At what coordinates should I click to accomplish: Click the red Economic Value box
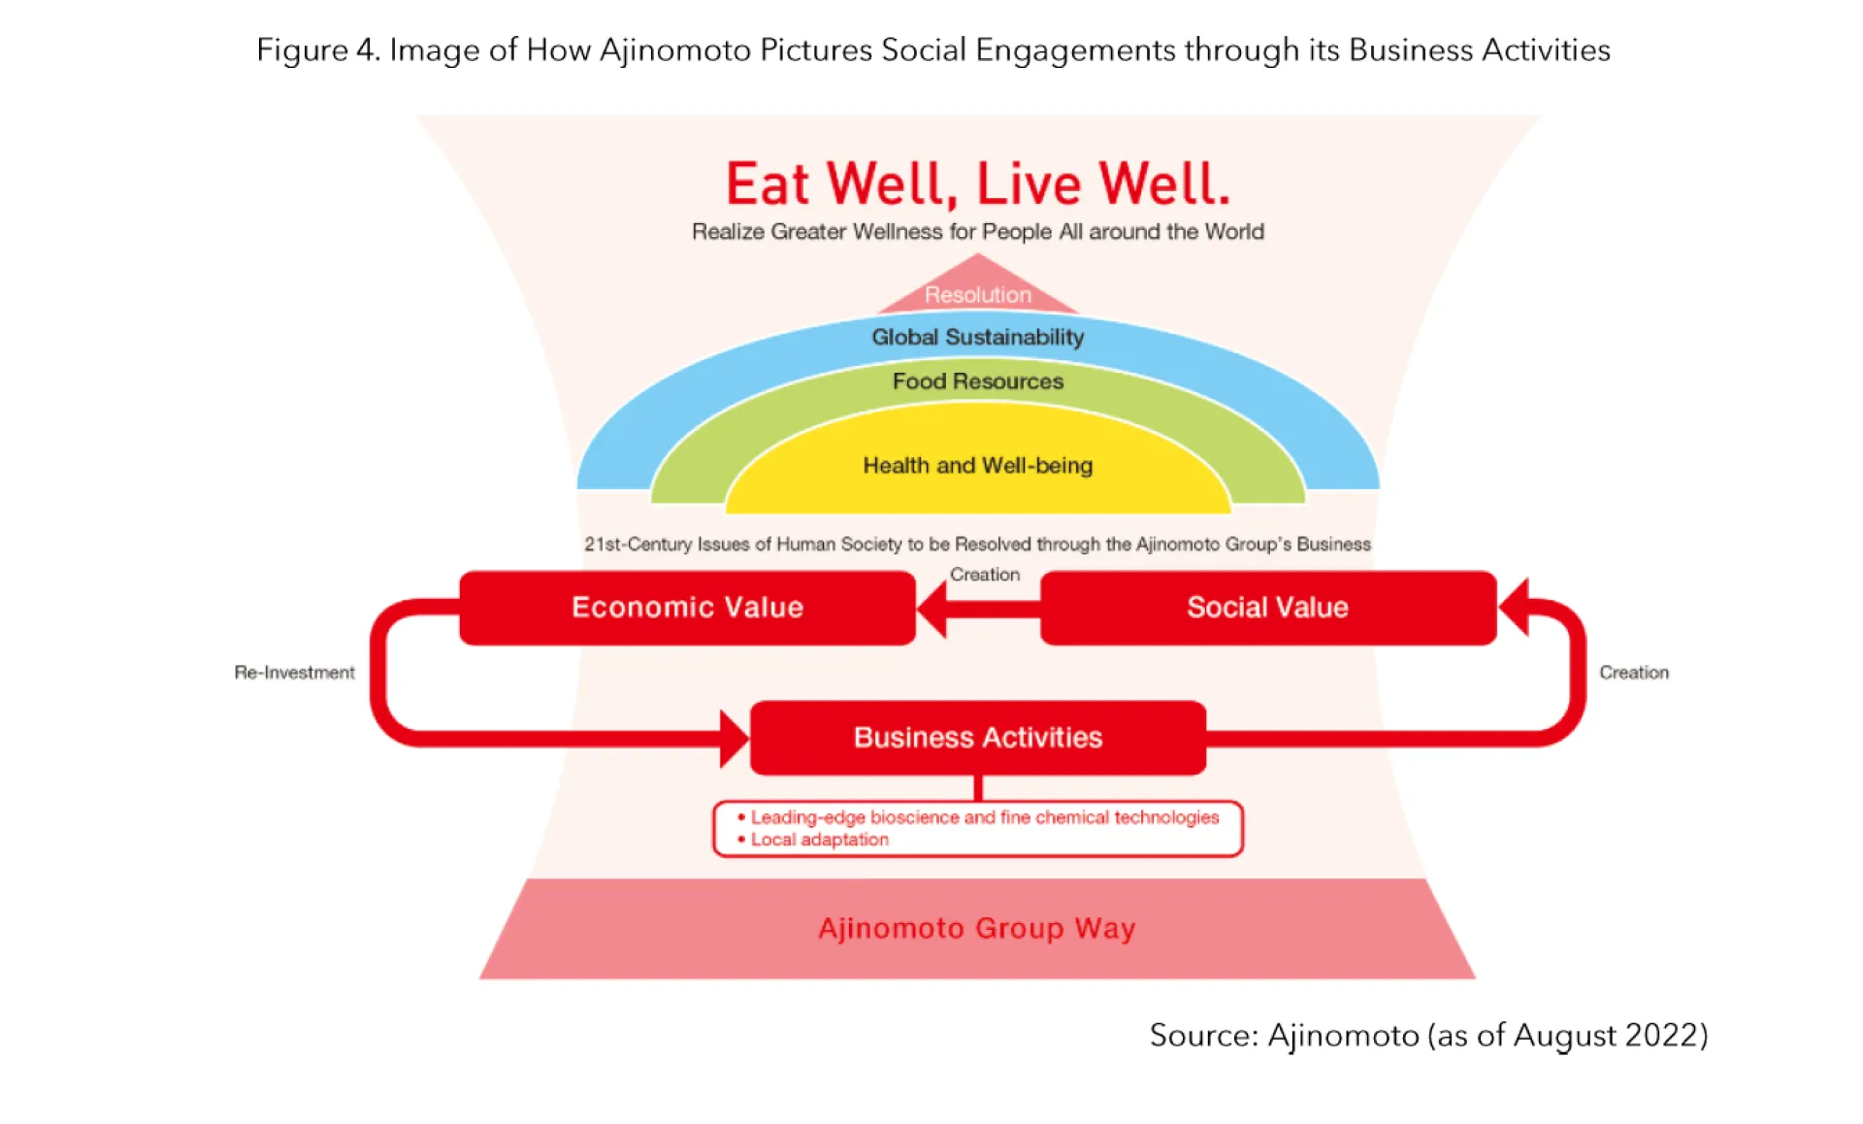click(687, 608)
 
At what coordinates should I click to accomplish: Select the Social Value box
click(1267, 608)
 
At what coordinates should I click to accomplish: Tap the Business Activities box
click(977, 738)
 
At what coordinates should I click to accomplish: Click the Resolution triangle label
click(977, 294)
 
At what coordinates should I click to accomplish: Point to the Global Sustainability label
click(977, 337)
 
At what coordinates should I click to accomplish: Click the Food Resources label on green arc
click(977, 381)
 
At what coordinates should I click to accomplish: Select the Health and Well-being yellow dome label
click(977, 466)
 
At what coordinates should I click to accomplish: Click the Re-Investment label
click(294, 673)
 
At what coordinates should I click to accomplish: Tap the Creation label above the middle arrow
click(984, 575)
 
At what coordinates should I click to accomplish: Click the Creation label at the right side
click(1633, 673)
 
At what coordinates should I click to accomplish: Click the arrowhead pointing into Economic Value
click(931, 610)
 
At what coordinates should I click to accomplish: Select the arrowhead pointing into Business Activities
click(734, 739)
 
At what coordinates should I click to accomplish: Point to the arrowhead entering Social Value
click(1515, 607)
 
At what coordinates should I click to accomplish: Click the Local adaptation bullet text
click(819, 840)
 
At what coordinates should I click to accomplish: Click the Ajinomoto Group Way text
click(976, 929)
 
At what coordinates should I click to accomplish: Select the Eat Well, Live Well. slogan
click(977, 184)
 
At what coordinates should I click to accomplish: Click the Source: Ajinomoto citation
click(1427, 1036)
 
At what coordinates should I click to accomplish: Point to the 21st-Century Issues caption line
click(977, 545)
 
